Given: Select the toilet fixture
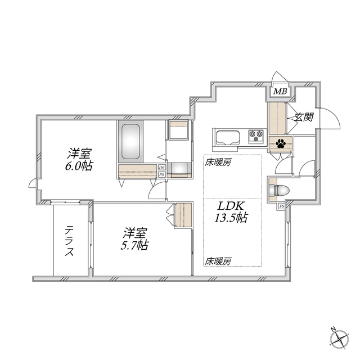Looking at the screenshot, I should pos(279,188).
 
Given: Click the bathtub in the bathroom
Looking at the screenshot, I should pos(130,142).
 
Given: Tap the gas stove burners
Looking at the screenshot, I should pos(256,134).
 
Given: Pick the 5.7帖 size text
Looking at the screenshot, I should pos(136,245).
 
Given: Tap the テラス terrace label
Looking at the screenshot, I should pos(70,241).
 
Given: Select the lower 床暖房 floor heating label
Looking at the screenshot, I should pos(218,261).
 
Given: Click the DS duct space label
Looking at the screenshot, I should pos(161,168).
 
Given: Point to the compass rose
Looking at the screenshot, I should pos(340,339).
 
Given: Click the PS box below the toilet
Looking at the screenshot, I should pos(281,207).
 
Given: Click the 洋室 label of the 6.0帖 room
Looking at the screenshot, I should pos(81,152).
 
